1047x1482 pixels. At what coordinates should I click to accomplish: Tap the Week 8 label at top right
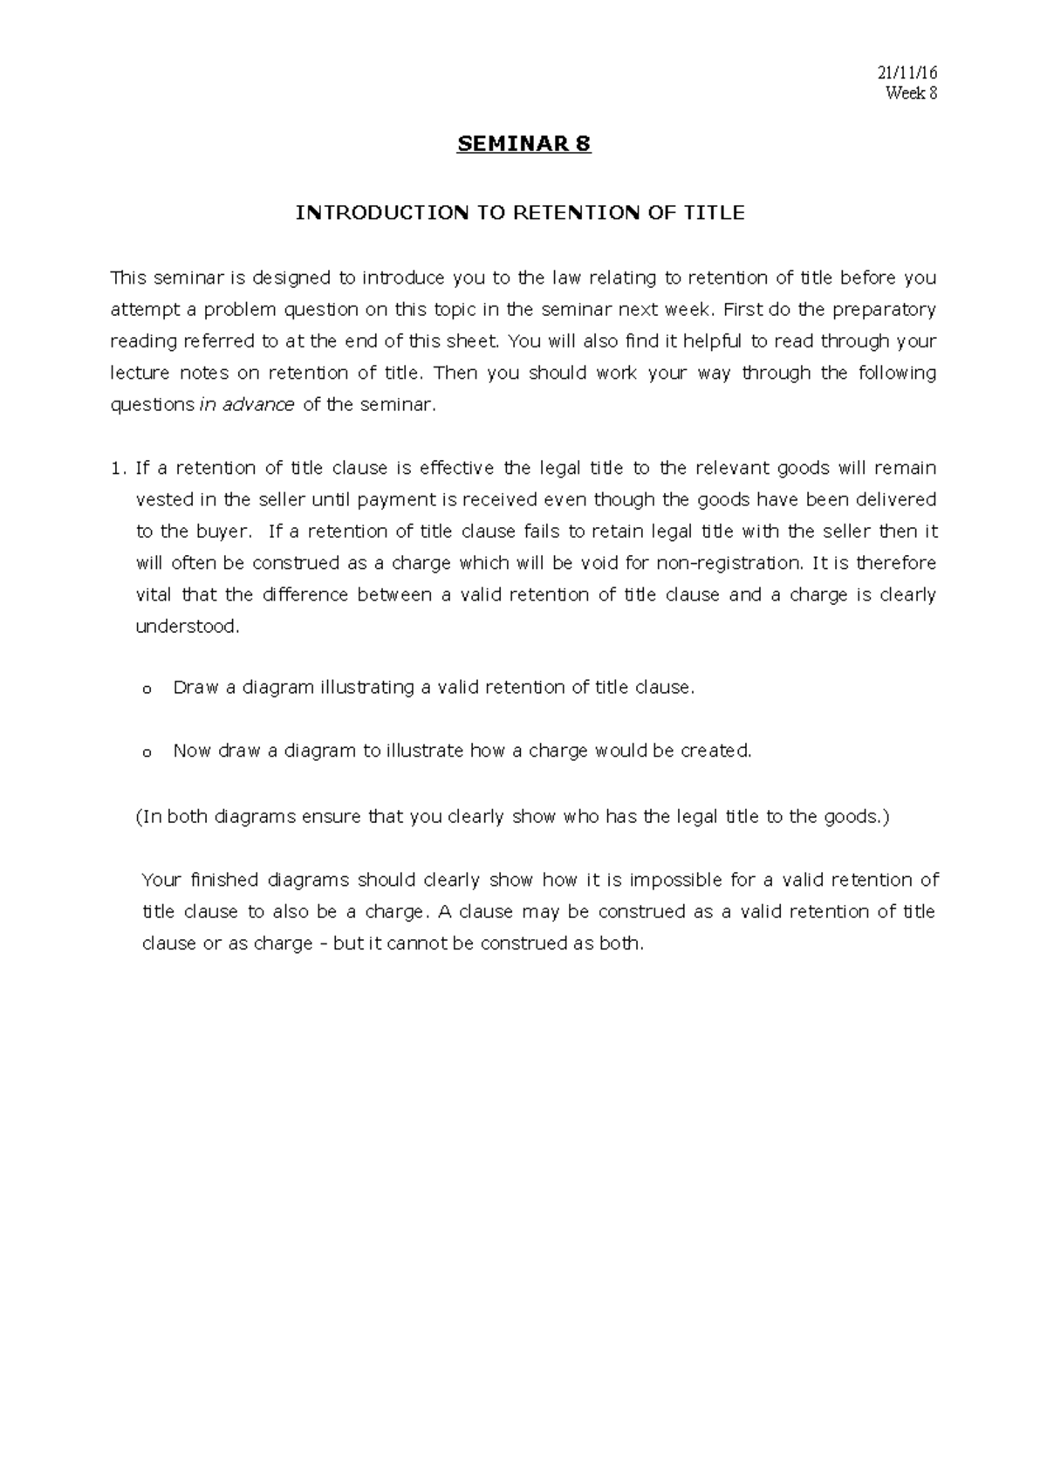pos(911,93)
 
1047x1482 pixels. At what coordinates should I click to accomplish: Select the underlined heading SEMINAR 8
pos(523,144)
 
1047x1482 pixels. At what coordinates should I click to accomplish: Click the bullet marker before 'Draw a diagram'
pos(146,690)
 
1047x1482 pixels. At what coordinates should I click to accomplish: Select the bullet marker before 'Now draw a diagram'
pos(146,752)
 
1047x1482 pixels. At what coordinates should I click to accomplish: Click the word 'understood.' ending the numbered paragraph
pos(187,627)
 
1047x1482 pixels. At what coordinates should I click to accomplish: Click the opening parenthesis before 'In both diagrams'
pos(138,817)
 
